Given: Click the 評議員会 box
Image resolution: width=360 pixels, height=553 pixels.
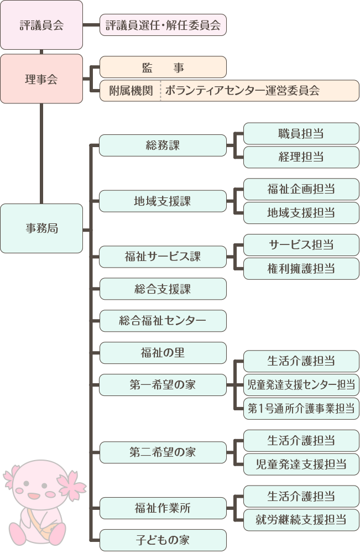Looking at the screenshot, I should pos(41,25).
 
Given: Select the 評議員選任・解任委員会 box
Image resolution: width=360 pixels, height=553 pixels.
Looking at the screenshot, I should pos(163,25).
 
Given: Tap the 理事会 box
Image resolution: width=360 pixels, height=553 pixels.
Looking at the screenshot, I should pos(41,79).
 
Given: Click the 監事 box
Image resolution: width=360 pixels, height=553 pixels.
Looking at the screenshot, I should pos(163,67).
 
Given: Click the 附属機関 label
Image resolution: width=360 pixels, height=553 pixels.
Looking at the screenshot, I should pos(131,91).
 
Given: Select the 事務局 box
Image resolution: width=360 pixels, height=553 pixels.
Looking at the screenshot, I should pos(41,228).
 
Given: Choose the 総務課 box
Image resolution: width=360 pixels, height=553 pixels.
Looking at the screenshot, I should pos(163,145).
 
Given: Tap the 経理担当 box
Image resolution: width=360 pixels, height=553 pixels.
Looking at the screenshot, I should pos(301,157).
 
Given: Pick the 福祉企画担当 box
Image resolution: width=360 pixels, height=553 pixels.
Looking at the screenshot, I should pos(301,189).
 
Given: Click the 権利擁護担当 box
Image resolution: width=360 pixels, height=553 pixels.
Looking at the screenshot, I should pos(301,269).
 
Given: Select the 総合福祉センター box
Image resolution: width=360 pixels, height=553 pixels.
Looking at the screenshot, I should pos(163,321).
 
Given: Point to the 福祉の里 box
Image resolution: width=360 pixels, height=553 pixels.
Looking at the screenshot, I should pos(163,353).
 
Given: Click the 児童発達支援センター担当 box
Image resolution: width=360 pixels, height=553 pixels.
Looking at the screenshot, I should pos(301,385).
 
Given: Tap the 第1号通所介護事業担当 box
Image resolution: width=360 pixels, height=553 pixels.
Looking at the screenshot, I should pos(301,409).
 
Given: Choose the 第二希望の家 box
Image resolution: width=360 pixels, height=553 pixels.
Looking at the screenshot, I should pos(163,452).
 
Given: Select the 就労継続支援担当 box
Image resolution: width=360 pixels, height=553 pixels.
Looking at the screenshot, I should pos(301,520).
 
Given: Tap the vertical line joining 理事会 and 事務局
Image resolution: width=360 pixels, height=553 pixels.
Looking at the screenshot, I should pos(41,154).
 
